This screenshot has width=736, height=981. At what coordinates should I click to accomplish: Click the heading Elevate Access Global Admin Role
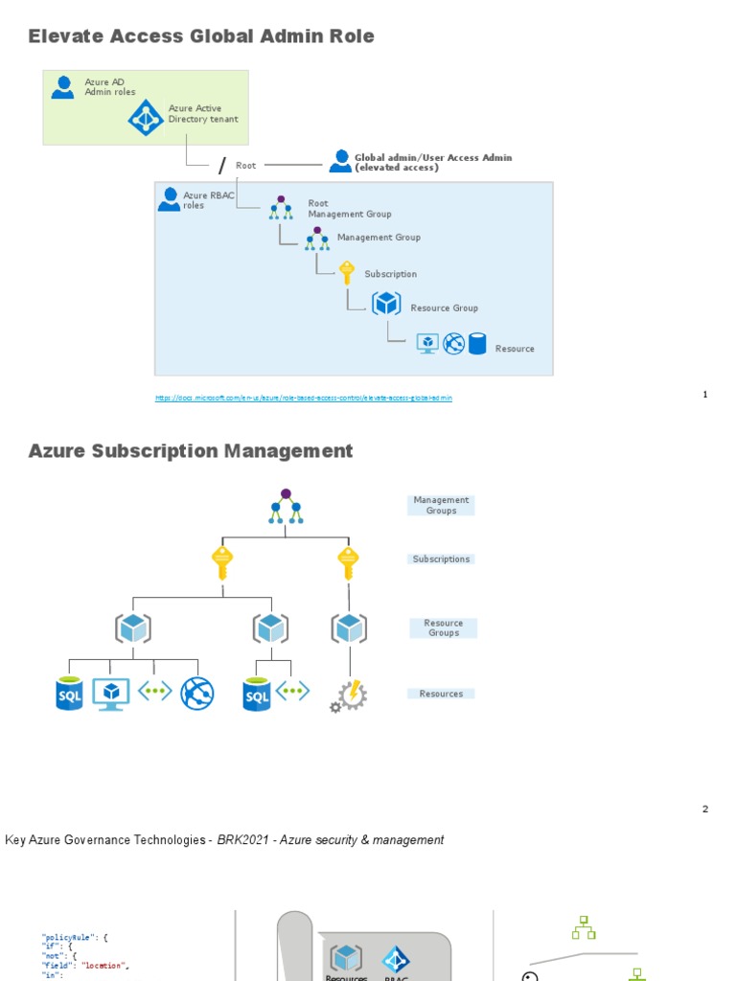tap(201, 36)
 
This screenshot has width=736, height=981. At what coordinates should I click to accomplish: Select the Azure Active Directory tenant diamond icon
tap(147, 118)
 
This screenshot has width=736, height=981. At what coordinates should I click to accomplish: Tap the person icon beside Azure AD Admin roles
tap(63, 87)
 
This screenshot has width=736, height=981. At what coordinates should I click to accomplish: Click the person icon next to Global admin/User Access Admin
tap(340, 161)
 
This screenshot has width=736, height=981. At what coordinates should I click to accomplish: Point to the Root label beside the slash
tap(246, 166)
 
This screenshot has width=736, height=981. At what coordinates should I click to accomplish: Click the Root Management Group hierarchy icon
tap(281, 208)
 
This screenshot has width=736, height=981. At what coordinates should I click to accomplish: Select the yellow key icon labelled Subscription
tap(347, 273)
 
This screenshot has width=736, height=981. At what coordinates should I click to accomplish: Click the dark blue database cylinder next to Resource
tap(477, 344)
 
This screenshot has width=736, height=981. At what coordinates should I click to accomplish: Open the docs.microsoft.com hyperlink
tap(304, 398)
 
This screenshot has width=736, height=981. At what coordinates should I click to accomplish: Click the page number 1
tap(705, 395)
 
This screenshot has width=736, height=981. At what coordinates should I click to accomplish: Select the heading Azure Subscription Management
tap(191, 451)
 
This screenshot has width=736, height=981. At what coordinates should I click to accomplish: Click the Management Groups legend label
tap(441, 505)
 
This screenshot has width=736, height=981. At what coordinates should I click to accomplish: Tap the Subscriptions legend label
tap(441, 559)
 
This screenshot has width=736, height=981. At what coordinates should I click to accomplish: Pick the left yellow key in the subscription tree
tap(222, 563)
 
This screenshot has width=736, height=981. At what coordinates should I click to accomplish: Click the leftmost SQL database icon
tap(70, 694)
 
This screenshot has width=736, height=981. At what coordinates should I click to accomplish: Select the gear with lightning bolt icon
tap(349, 695)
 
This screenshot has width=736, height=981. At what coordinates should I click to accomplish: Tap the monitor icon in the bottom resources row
tap(111, 694)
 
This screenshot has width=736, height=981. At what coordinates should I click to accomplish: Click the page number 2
tap(705, 810)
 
